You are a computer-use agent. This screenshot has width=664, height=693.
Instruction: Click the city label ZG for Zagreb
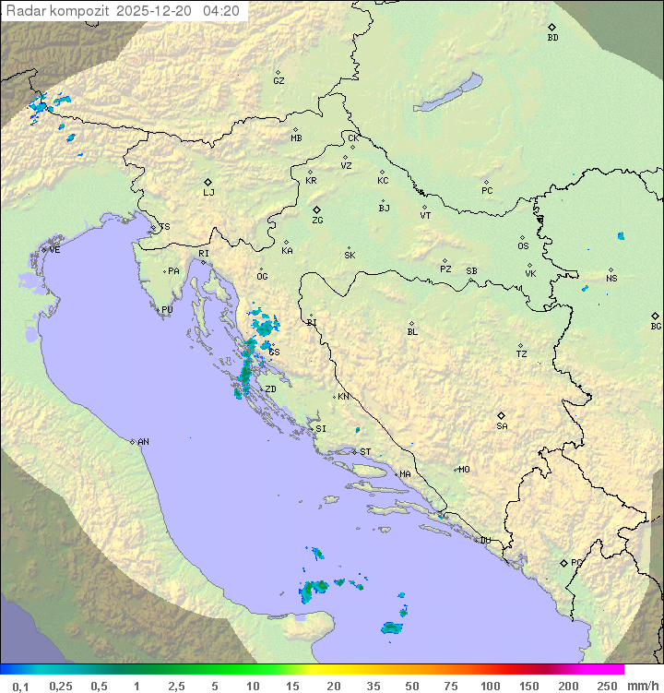pyautogui.click(x=317, y=221)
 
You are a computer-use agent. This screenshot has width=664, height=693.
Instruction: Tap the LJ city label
pyautogui.click(x=208, y=193)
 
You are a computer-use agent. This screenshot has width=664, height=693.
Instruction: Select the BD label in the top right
pyautogui.click(x=552, y=38)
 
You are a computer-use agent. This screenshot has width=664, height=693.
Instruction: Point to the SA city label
pyautogui.click(x=502, y=426)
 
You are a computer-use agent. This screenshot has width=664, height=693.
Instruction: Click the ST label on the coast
pyautogui.click(x=365, y=452)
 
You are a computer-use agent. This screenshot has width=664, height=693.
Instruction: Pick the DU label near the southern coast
pyautogui.click(x=484, y=541)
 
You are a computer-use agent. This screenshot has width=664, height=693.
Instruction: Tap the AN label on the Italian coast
pyautogui.click(x=143, y=442)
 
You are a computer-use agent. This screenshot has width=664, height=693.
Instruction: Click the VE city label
pyautogui.click(x=54, y=250)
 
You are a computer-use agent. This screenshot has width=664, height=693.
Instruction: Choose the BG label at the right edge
pyautogui.click(x=656, y=326)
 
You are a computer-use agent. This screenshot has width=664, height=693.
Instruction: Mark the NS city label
pyautogui.click(x=611, y=279)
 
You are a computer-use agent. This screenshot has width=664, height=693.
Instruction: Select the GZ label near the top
pyautogui.click(x=279, y=81)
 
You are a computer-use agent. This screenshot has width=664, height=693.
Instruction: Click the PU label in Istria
pyautogui.click(x=167, y=310)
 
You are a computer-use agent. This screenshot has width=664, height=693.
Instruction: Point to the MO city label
pyautogui.click(x=464, y=469)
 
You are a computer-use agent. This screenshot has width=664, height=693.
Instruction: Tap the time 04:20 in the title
pyautogui.click(x=221, y=11)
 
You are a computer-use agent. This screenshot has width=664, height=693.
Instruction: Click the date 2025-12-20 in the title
pyautogui.click(x=157, y=11)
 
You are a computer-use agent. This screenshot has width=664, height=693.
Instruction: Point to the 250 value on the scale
pyautogui.click(x=606, y=686)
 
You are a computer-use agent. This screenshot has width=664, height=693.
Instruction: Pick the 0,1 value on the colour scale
pyautogui.click(x=20, y=686)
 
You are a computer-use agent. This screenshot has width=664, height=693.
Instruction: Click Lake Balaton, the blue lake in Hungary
pyautogui.click(x=448, y=94)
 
